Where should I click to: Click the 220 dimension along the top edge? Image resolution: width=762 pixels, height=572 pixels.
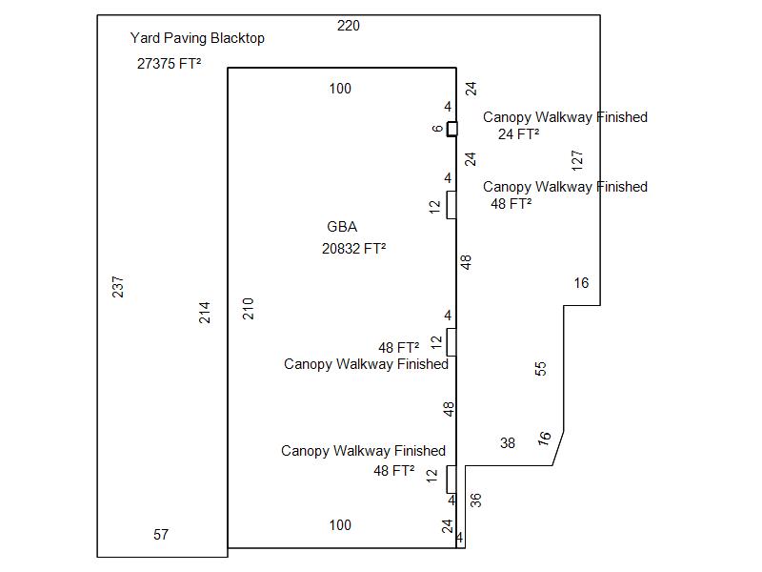coord(349,26)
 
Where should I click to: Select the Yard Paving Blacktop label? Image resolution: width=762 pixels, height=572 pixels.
coord(197,38)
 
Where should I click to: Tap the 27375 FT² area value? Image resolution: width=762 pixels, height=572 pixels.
coord(169,64)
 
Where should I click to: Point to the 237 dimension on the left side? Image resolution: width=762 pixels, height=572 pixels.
coord(118,286)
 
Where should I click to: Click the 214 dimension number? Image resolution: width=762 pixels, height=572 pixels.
coord(205,312)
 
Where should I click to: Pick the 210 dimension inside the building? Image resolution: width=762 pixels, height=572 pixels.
coord(249,308)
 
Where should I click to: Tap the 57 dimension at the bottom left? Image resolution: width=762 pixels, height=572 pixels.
coord(161,535)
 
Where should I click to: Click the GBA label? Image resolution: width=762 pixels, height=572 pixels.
coord(342,227)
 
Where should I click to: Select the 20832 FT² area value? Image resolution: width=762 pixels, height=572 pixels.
coord(353,249)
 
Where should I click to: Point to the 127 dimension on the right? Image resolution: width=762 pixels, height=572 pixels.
coord(577,160)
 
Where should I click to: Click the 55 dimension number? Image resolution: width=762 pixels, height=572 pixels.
coord(541,369)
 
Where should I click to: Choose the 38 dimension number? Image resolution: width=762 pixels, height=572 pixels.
coord(508,443)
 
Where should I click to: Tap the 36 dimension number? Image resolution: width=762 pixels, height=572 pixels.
coord(475,499)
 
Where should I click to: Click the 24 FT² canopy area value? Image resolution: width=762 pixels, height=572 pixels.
coord(518,134)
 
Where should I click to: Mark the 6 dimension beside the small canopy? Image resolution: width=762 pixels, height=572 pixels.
coord(437,129)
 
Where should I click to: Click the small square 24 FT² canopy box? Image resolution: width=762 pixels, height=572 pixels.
coord(451,129)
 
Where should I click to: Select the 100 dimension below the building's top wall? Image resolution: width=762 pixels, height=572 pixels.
coord(340,89)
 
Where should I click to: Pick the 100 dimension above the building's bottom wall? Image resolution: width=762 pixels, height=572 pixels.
coord(340,525)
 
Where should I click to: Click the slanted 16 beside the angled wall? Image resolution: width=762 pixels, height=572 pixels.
coord(545,438)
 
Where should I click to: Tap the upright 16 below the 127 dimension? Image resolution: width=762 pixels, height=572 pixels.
coord(582,283)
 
